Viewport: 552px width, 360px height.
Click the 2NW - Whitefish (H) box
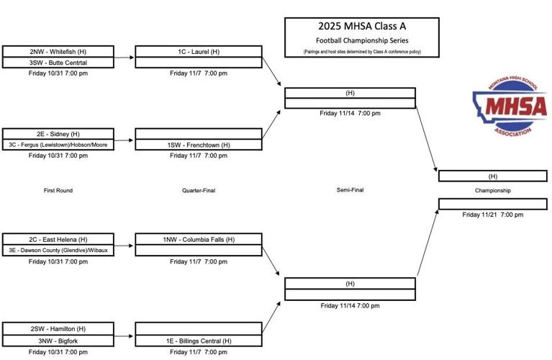click(x=58, y=52)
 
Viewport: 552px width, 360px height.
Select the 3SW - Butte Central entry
click(x=58, y=63)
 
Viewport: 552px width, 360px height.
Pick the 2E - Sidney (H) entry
click(x=58, y=134)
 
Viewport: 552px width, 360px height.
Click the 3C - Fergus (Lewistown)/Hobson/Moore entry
click(x=58, y=145)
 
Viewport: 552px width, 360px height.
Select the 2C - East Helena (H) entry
click(x=58, y=239)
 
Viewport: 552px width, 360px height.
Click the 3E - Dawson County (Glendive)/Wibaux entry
click(x=58, y=250)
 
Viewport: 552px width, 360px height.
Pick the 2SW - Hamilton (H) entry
click(x=58, y=329)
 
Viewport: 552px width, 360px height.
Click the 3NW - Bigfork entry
click(x=58, y=340)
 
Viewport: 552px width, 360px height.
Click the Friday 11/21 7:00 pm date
click(x=492, y=215)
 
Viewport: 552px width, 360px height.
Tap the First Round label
click(x=58, y=191)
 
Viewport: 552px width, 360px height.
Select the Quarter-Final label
click(x=199, y=191)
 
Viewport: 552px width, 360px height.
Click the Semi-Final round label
click(x=350, y=190)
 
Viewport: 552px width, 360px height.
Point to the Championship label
click(x=492, y=191)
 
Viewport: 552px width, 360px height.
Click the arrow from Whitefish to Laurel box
click(x=124, y=57)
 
